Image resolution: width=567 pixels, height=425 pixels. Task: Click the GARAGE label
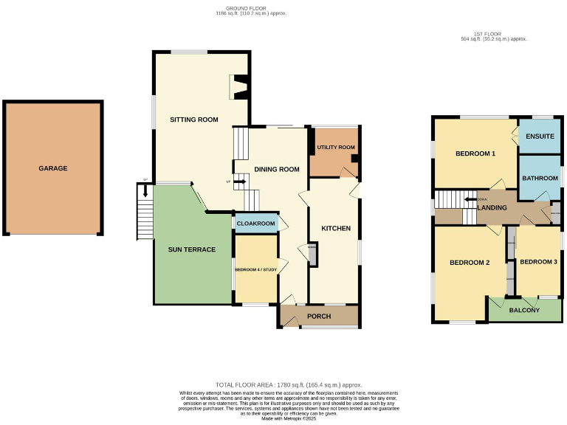pyautogui.click(x=53, y=168)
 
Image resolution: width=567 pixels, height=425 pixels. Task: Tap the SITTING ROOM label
pyautogui.click(x=194, y=120)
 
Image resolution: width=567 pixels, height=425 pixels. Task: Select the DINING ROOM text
pyautogui.click(x=277, y=169)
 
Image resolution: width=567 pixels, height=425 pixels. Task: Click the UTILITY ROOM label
pyautogui.click(x=336, y=148)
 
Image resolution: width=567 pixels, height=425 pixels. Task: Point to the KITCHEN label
pyautogui.click(x=335, y=228)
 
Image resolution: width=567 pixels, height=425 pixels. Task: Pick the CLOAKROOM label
pyautogui.click(x=255, y=223)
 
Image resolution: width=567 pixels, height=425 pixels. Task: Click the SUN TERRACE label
pyautogui.click(x=192, y=249)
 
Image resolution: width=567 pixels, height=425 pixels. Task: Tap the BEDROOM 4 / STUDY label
pyautogui.click(x=255, y=269)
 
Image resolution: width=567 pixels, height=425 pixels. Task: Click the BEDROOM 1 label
pyautogui.click(x=475, y=153)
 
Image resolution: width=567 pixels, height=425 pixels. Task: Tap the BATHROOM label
pyautogui.click(x=540, y=179)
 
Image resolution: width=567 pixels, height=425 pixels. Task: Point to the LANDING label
pyautogui.click(x=492, y=207)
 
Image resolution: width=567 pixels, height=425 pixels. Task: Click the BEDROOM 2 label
pyautogui.click(x=470, y=263)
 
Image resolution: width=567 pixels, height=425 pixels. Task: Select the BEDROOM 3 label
pyautogui.click(x=538, y=262)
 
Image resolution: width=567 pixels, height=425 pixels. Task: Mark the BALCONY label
pyautogui.click(x=524, y=310)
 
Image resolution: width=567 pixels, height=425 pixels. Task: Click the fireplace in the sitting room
pyautogui.click(x=239, y=87)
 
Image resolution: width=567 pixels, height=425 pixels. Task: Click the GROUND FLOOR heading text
pyautogui.click(x=251, y=10)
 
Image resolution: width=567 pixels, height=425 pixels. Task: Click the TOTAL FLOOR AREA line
pyautogui.click(x=289, y=385)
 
